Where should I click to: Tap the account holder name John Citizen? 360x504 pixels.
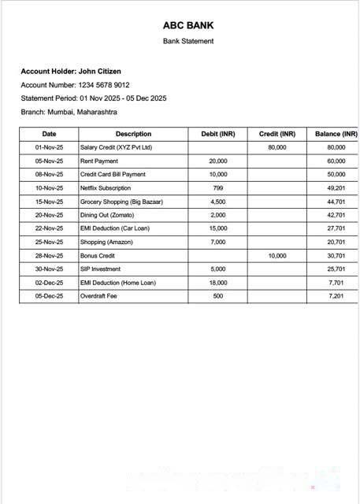coord(99,72)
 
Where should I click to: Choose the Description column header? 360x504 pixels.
coord(133,134)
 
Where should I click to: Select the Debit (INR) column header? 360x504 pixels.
coord(218,134)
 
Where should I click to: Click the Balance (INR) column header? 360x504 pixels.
coord(336,134)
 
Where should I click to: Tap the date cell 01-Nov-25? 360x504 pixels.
coord(49,147)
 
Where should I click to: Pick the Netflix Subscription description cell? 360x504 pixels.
coord(106,188)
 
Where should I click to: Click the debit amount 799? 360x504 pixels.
coord(218,188)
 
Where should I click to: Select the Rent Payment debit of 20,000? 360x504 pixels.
coord(218,161)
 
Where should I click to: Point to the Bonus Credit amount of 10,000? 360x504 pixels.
coord(277,256)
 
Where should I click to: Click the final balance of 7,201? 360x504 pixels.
coord(336,296)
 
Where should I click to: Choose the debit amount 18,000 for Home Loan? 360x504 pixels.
coord(218,283)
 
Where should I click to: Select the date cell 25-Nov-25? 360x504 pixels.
coord(49,243)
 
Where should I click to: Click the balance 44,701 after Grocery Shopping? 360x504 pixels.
coord(336,202)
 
